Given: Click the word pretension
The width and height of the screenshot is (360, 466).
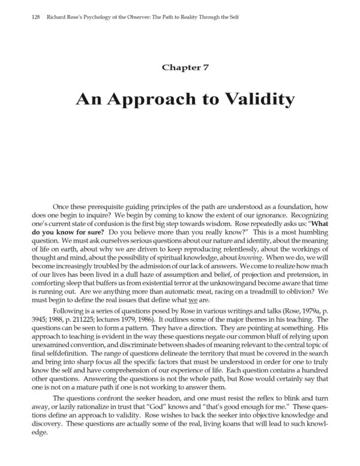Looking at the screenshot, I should pos(304,274).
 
